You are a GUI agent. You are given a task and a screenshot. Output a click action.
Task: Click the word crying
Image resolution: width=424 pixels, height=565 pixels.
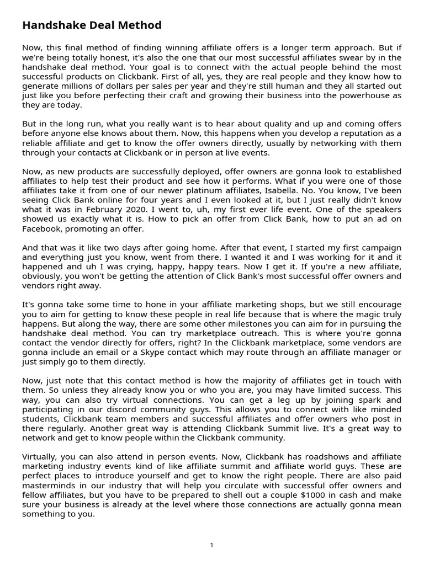(x=139, y=267)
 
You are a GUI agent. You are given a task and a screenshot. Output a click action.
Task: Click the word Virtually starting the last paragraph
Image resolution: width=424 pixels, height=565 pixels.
(x=41, y=457)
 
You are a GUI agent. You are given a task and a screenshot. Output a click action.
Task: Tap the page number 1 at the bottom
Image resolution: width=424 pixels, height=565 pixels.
(x=212, y=545)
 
